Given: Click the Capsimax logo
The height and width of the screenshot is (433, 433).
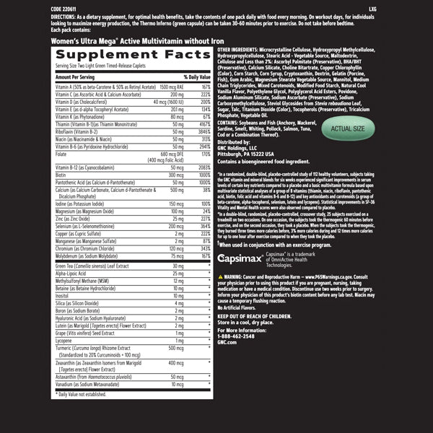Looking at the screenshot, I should coord(241,256).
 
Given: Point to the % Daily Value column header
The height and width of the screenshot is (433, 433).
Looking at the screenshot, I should coord(196,76).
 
